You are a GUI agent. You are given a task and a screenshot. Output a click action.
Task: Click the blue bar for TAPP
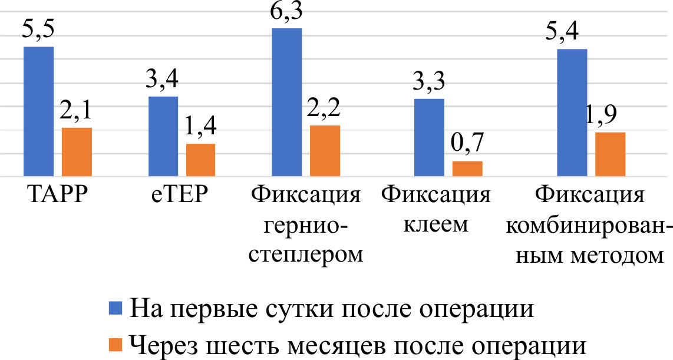38,111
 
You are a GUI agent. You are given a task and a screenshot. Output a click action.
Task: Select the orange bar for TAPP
77,152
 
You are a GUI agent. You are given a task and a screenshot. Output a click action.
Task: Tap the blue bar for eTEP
163,136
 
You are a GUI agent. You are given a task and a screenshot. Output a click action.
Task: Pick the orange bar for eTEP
200,160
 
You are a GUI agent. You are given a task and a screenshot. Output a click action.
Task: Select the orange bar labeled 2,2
325,151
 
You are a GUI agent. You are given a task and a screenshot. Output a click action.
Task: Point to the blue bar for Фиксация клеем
429,137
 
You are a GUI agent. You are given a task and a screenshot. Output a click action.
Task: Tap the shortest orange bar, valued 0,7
467,169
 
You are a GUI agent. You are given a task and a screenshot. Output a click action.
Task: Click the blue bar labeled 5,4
572,113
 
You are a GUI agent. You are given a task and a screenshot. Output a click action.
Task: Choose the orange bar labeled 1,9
610,154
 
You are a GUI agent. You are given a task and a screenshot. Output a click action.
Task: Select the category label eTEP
181,194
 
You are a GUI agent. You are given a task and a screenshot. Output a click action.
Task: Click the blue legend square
116,308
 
